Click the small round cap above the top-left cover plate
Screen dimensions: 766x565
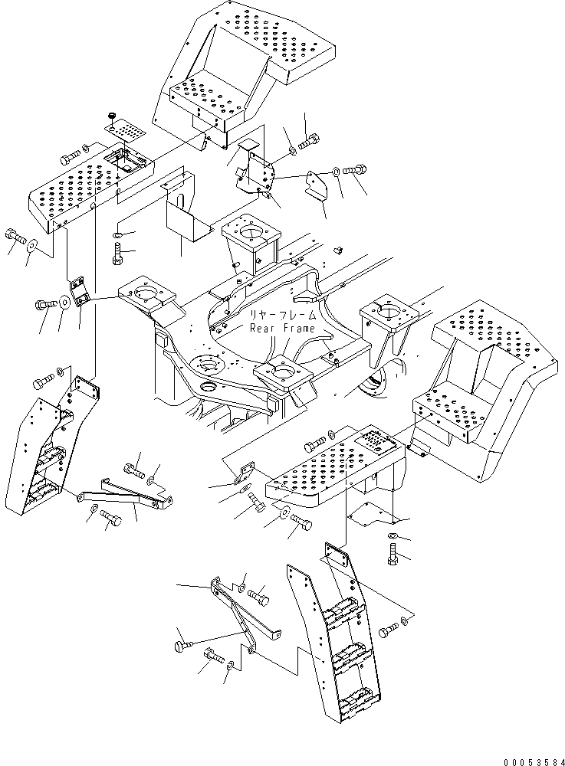pyautogui.click(x=111, y=116)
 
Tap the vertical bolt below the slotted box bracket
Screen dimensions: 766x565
pyautogui.click(x=117, y=253)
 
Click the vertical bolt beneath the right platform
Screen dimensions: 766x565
pyautogui.click(x=393, y=555)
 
